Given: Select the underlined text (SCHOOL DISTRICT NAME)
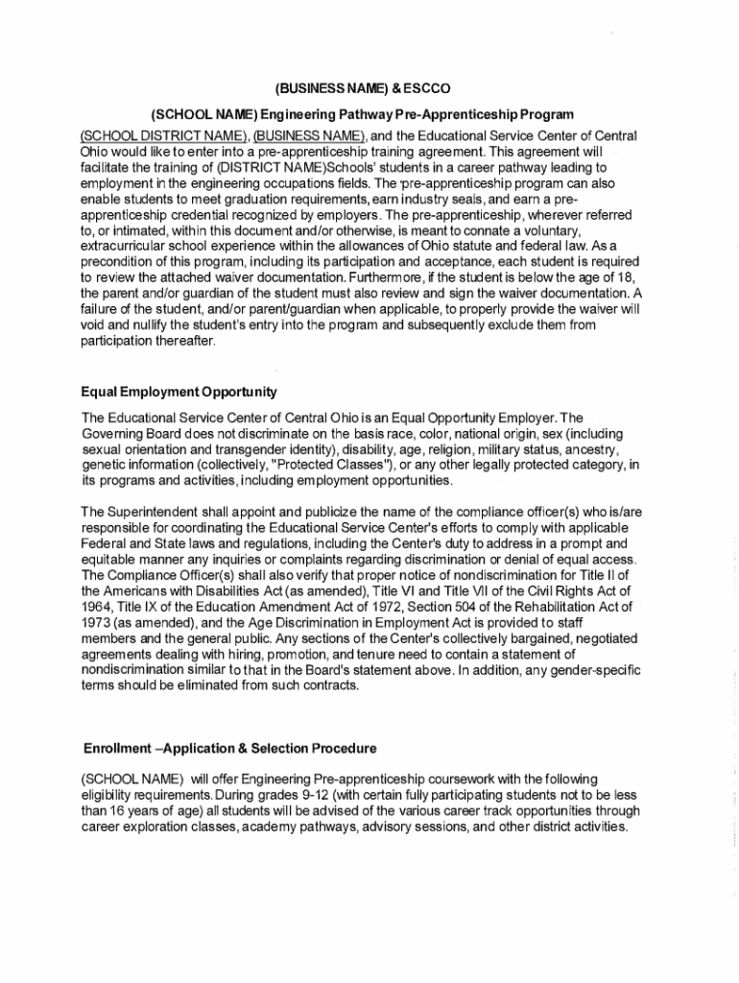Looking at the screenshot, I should click(x=164, y=133).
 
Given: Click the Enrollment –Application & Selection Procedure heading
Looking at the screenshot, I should click(x=229, y=747).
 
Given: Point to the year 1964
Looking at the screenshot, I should click(x=100, y=607).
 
